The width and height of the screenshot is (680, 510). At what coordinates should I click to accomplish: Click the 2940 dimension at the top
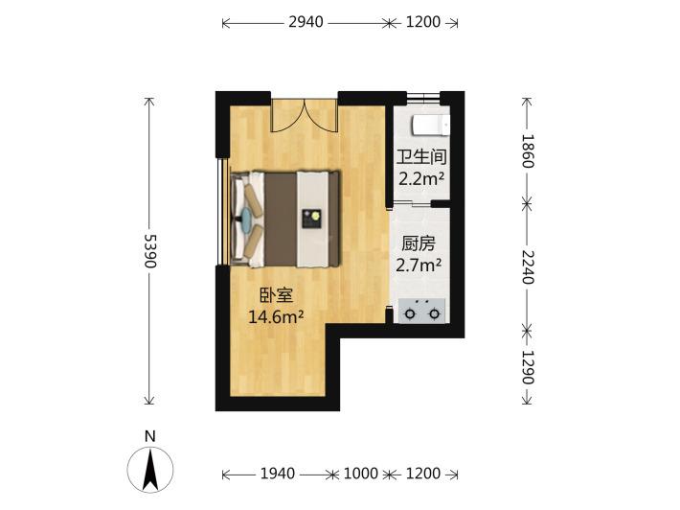pos(306,22)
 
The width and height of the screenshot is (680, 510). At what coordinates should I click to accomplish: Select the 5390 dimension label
pos(150,251)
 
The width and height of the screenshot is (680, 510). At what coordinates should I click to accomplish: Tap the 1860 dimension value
pos(527,151)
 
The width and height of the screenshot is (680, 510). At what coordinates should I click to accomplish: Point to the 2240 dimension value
pos(527,267)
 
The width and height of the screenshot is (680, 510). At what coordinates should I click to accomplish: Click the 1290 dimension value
pos(527,367)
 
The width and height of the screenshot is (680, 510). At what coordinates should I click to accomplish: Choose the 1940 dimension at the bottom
pos(278,474)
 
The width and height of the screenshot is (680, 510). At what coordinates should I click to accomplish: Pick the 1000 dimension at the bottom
pos(361,474)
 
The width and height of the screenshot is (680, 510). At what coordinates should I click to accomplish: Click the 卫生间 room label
pos(421,157)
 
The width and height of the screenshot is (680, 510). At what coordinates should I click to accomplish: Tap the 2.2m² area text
pos(421,178)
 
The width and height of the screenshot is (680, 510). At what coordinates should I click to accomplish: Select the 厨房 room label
pos(419,243)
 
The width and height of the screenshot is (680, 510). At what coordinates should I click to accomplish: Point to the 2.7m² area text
pos(419,265)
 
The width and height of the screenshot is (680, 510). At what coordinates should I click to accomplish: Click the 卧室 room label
pos(276,295)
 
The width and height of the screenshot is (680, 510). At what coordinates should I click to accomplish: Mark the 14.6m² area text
pos(276,317)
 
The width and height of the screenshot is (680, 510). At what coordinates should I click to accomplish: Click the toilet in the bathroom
pos(431,125)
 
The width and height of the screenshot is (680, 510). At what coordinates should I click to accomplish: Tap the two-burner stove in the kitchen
pos(422,311)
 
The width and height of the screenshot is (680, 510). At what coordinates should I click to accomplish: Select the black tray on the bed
pos(312,219)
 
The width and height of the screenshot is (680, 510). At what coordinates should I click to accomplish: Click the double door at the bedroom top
pos(305,115)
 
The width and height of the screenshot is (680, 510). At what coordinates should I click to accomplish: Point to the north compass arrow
pos(150,470)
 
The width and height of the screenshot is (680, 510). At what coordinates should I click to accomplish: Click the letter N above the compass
pos(150,436)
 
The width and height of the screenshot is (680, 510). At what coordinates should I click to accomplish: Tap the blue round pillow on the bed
pos(246,218)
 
